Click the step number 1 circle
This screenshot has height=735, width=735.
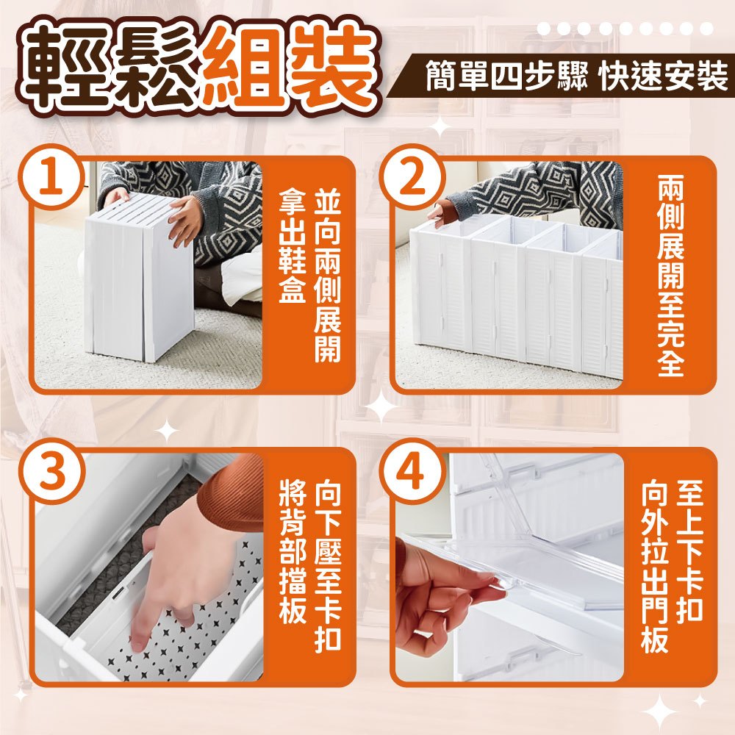(51, 176)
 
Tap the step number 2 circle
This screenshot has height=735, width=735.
(412, 176)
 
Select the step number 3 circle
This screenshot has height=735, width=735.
(51, 471)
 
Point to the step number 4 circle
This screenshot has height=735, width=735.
(412, 471)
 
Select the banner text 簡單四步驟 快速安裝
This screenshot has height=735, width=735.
(576, 76)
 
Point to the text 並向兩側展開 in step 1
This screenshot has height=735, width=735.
(327, 275)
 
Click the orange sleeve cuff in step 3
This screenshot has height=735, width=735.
(233, 492)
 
